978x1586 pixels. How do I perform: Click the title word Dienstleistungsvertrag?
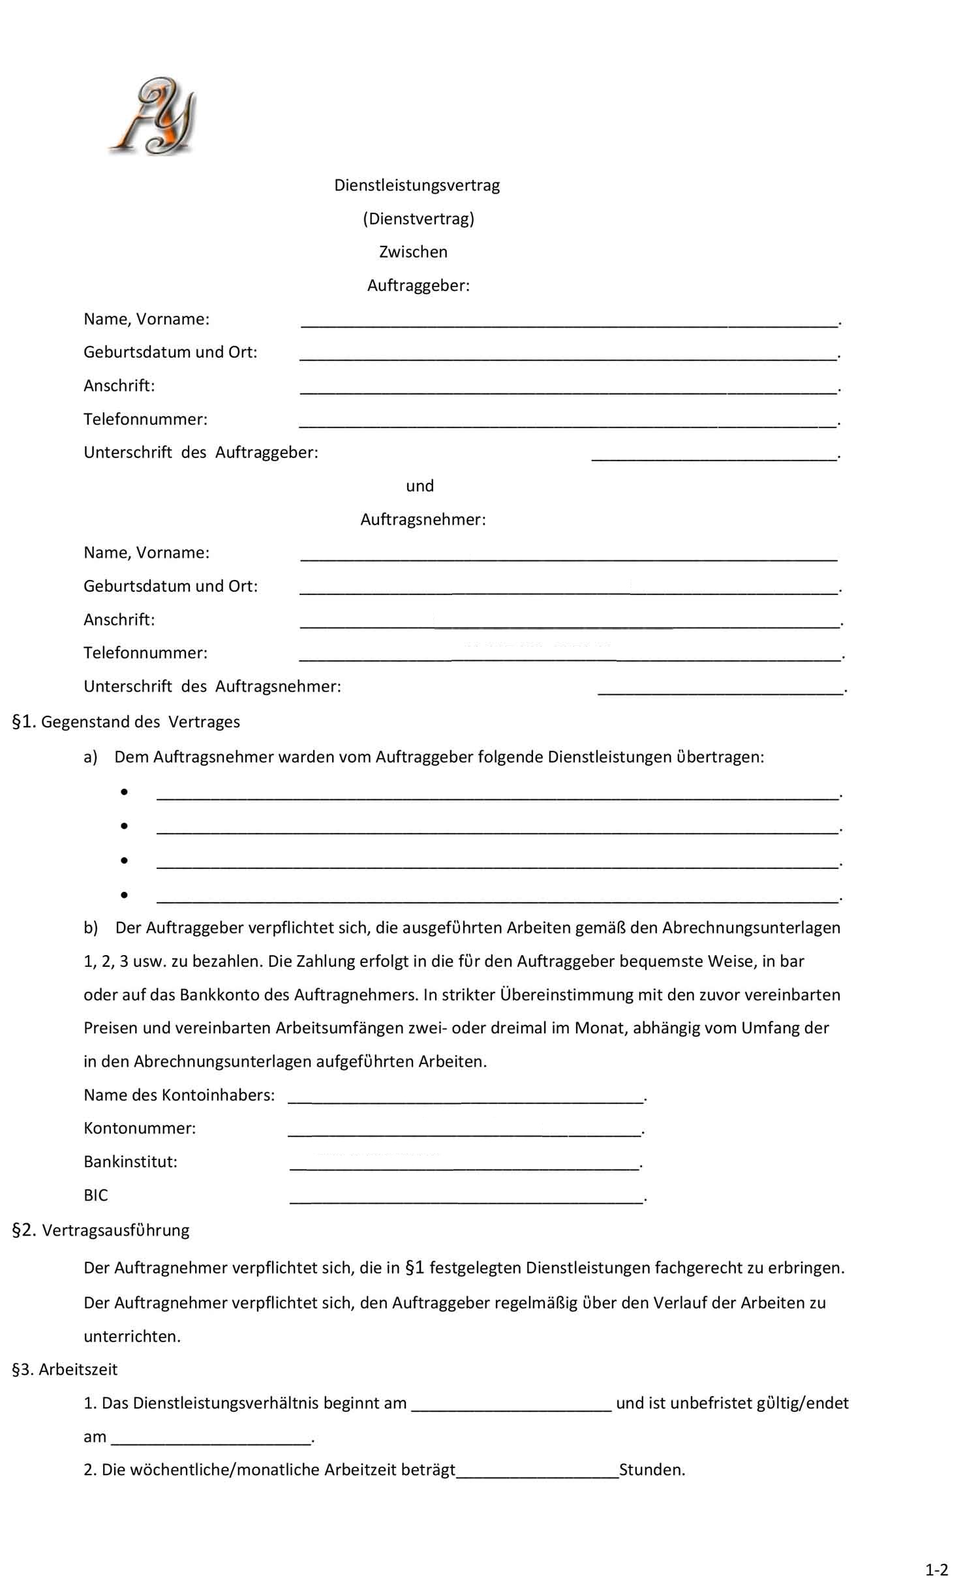point(417,185)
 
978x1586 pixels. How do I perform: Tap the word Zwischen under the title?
point(413,252)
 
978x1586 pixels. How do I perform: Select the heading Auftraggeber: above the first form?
point(418,285)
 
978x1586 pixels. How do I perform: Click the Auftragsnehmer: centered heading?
point(423,519)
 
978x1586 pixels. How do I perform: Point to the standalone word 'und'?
point(420,485)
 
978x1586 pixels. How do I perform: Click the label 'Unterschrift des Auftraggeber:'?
point(201,452)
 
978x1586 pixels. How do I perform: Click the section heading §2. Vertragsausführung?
point(101,1230)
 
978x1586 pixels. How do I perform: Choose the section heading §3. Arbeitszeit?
point(65,1369)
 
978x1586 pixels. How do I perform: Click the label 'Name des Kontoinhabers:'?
point(179,1095)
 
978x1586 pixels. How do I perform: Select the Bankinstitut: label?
point(130,1161)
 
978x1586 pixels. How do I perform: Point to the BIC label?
point(96,1195)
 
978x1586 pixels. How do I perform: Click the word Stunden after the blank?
point(650,1470)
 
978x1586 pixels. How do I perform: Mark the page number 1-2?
point(936,1570)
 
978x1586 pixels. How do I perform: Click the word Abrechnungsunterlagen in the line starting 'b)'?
point(751,928)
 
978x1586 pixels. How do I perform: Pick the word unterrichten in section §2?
point(131,1336)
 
